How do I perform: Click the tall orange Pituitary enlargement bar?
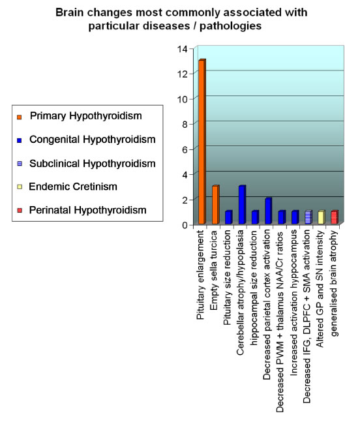coord(202,142)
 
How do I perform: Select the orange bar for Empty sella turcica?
coord(215,205)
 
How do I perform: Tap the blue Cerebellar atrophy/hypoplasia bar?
coord(242,205)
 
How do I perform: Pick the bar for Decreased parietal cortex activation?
coord(268,211)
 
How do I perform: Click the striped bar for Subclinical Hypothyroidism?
coord(308,217)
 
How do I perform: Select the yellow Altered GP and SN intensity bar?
coord(322,217)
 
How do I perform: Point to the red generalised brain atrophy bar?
coord(335,217)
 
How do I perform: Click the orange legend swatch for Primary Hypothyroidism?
coord(20,117)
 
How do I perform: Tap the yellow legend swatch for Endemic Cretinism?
coord(20,187)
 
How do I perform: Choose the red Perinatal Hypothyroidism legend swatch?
coord(20,210)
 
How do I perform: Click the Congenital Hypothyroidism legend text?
coord(93,140)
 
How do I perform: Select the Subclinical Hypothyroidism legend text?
coord(93,163)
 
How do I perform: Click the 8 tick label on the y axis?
coord(185,125)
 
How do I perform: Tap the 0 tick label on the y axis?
coord(185,225)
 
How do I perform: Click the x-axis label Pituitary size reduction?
coord(228,277)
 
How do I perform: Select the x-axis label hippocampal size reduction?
coord(254,288)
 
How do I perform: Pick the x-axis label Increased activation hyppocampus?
coord(293,303)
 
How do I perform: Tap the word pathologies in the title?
coord(231,26)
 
